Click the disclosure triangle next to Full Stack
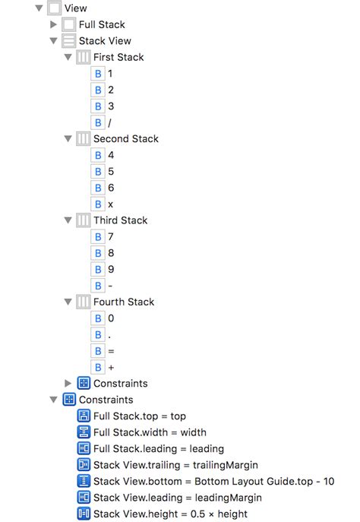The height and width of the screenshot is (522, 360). click(53, 24)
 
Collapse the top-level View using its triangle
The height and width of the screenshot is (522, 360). click(39, 8)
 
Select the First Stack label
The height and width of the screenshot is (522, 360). click(118, 57)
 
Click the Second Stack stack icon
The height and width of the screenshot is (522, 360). click(84, 138)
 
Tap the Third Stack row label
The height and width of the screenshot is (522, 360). click(121, 220)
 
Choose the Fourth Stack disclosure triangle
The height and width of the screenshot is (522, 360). click(68, 302)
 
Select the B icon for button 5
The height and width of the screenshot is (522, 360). click(98, 172)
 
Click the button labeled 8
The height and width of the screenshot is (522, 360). click(111, 253)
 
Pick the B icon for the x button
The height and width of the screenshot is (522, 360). click(98, 204)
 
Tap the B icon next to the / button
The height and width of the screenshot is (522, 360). click(98, 122)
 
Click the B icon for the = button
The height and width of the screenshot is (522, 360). click(98, 351)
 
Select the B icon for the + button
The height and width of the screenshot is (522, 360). click(98, 367)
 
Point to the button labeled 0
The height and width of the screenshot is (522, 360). click(111, 318)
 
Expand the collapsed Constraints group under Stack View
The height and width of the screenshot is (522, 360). click(68, 383)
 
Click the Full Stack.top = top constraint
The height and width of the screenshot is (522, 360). click(140, 416)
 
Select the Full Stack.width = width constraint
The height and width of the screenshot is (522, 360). click(150, 432)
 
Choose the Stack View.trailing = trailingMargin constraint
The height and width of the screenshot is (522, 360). click(175, 465)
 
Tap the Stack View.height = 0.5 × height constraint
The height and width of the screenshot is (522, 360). click(170, 514)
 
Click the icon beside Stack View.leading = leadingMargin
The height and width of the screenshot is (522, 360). click(84, 498)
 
